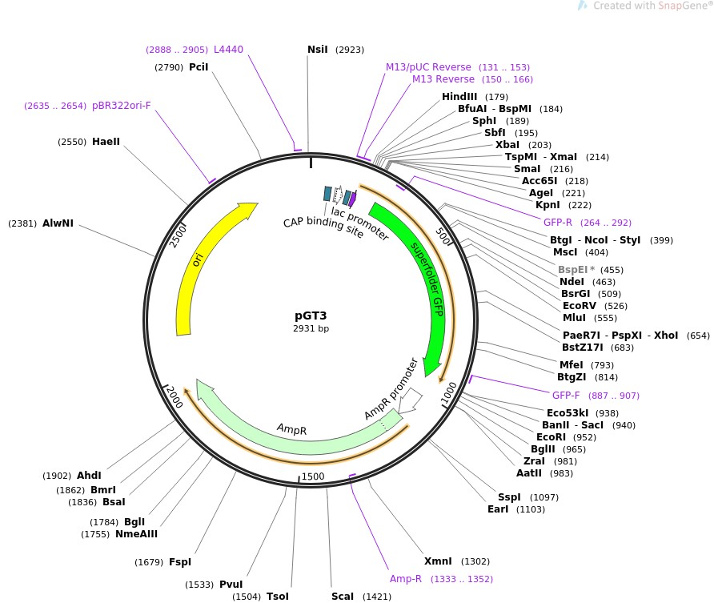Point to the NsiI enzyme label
318,50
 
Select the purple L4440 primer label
228,50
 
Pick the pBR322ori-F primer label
121,106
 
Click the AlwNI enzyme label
58,223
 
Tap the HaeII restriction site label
106,142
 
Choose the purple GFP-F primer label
568,396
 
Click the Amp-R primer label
406,579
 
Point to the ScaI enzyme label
343,597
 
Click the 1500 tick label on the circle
312,477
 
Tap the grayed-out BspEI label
574,270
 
